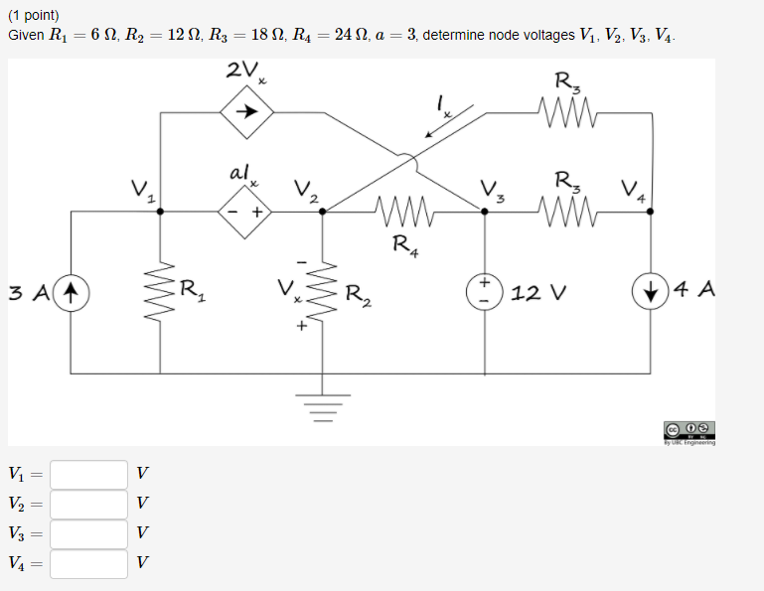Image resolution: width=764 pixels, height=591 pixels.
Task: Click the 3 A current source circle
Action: (72, 293)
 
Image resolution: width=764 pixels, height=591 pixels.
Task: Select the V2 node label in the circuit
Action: (304, 189)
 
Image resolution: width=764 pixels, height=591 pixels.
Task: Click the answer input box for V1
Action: (89, 474)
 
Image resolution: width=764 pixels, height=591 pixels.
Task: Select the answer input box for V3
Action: (89, 533)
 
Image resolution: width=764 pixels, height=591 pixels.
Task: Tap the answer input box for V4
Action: (89, 563)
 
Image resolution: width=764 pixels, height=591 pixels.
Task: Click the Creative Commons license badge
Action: (689, 430)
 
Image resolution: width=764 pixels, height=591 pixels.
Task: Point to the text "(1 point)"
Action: (34, 16)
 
